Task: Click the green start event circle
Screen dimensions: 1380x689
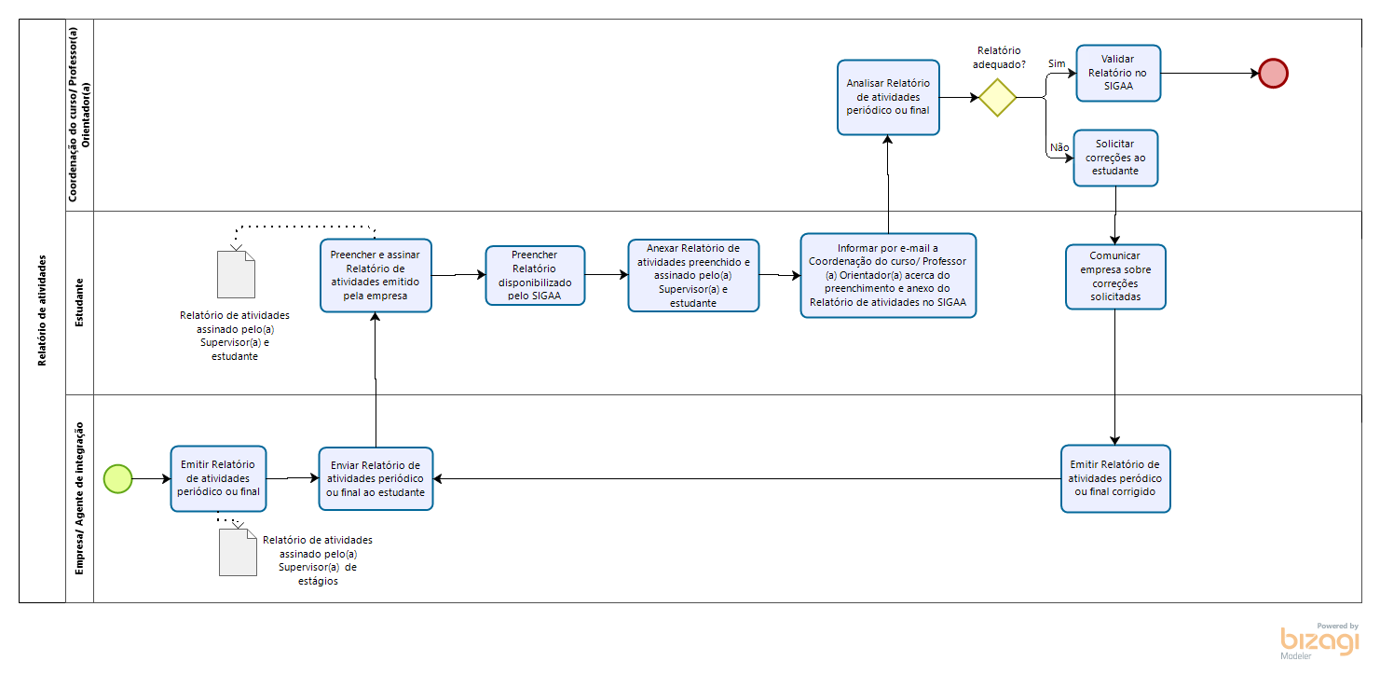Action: click(x=117, y=479)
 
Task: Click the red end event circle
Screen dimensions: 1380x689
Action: click(x=1273, y=74)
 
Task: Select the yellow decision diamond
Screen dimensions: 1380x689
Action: click(x=997, y=97)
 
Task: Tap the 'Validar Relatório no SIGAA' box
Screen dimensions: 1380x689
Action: click(x=1118, y=73)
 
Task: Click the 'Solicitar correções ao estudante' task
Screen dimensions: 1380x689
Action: click(x=1115, y=158)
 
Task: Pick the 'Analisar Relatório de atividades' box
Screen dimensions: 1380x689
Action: click(x=888, y=97)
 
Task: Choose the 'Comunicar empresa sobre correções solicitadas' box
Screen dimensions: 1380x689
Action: click(x=1115, y=277)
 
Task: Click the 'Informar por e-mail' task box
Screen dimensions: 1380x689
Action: click(x=888, y=275)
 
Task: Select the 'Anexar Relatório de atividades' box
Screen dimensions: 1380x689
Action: click(x=693, y=275)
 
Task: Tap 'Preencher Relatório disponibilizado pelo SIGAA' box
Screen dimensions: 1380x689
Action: click(x=535, y=275)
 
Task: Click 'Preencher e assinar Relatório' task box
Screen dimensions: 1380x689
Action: click(x=376, y=275)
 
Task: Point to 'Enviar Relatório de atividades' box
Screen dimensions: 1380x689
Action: click(x=376, y=479)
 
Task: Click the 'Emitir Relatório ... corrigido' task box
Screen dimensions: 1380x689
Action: click(x=1115, y=479)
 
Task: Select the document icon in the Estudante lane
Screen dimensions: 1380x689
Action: click(x=236, y=275)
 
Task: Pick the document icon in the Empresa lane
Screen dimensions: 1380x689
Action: click(x=238, y=553)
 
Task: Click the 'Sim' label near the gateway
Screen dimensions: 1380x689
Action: click(x=1057, y=63)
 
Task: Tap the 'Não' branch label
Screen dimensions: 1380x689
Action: click(x=1059, y=147)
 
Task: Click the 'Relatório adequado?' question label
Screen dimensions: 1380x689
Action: click(x=999, y=57)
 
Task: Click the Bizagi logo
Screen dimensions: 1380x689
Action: click(x=1319, y=641)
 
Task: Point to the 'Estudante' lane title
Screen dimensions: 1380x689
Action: click(x=79, y=303)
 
